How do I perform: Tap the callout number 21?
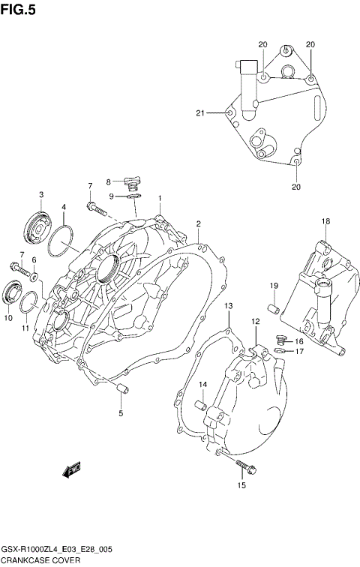click(200, 113)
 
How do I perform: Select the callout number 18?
click(326, 220)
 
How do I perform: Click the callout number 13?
click(229, 305)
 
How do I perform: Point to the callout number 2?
click(199, 223)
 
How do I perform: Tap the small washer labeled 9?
click(135, 196)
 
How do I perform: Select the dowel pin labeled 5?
click(120, 388)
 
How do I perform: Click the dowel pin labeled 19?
click(275, 307)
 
